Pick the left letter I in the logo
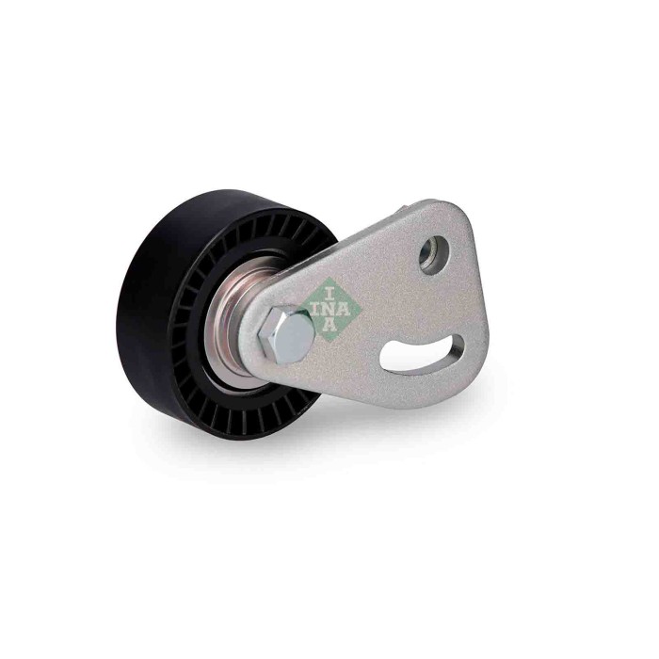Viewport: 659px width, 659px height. [311, 304]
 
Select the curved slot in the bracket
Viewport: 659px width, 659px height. [419, 354]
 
